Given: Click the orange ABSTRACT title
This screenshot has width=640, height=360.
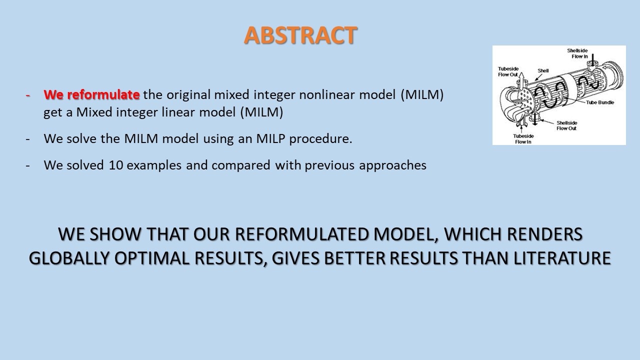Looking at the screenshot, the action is [300, 35].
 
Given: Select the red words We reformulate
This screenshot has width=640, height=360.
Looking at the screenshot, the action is [91, 94].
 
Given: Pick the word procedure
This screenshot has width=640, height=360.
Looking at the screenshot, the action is [320, 139].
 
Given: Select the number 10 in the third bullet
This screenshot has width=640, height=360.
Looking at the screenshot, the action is [115, 165].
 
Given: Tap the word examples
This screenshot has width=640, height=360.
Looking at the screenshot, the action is [154, 165].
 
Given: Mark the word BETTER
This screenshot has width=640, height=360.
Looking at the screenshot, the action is [354, 258].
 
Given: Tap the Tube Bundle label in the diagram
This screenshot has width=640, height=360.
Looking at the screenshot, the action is [600, 102].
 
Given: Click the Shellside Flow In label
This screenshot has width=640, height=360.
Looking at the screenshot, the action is [577, 53].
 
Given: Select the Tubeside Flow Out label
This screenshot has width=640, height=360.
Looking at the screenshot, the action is [508, 71].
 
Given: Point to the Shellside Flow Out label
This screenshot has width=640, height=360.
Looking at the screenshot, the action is [566, 125].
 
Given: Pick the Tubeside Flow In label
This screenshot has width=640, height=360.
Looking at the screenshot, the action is [523, 139].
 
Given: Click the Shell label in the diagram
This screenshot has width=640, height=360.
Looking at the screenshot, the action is [543, 70].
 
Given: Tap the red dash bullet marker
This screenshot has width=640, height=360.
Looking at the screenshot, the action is [27, 95].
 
